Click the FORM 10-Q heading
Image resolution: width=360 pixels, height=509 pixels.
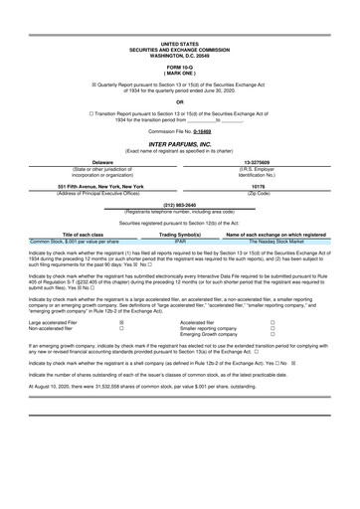[x=179, y=68]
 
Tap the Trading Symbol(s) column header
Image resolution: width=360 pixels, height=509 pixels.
[x=180, y=235]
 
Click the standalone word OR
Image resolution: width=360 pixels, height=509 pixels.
[x=179, y=101]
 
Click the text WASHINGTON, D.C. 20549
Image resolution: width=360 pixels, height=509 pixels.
[x=179, y=56]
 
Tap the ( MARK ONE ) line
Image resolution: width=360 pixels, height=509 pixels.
[x=179, y=74]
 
